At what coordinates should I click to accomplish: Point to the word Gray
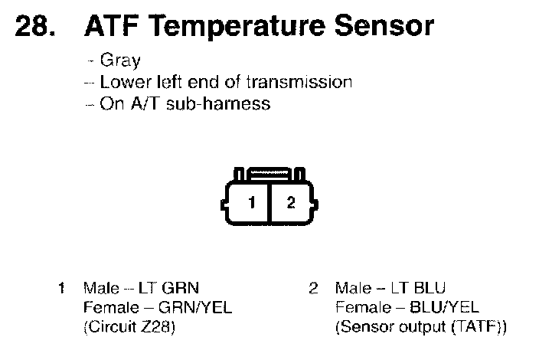click(120, 62)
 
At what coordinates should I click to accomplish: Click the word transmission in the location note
click(302, 83)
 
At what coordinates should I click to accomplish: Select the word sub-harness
click(227, 103)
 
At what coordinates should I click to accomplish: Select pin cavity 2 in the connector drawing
click(290, 203)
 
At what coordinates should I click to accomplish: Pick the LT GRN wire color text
click(168, 288)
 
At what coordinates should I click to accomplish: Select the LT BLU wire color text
click(418, 288)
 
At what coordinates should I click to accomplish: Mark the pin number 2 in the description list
click(312, 288)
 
